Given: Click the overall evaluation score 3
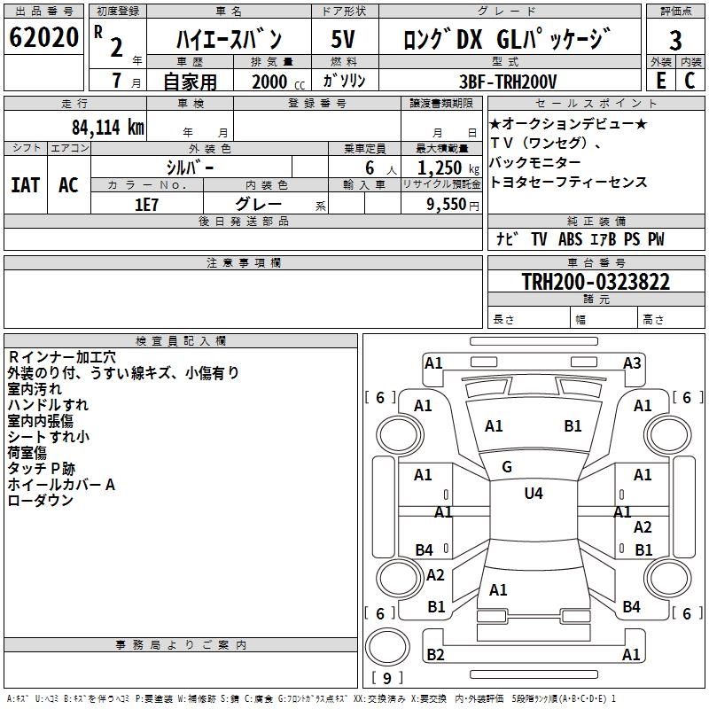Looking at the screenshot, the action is (x=675, y=41).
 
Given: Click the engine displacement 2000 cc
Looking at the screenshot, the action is (x=276, y=82).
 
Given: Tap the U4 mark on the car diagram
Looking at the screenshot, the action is (x=534, y=494).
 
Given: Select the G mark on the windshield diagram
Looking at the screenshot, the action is (x=507, y=467).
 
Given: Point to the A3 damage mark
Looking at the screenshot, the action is (x=632, y=362).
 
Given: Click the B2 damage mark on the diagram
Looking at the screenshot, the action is (x=435, y=655).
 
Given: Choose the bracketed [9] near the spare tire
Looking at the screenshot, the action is (x=386, y=679).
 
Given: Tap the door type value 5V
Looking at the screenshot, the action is (x=343, y=40).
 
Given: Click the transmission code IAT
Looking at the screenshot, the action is (x=25, y=185).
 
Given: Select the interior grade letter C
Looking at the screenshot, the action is (x=690, y=81).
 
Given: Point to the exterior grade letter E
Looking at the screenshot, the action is (x=660, y=81).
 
